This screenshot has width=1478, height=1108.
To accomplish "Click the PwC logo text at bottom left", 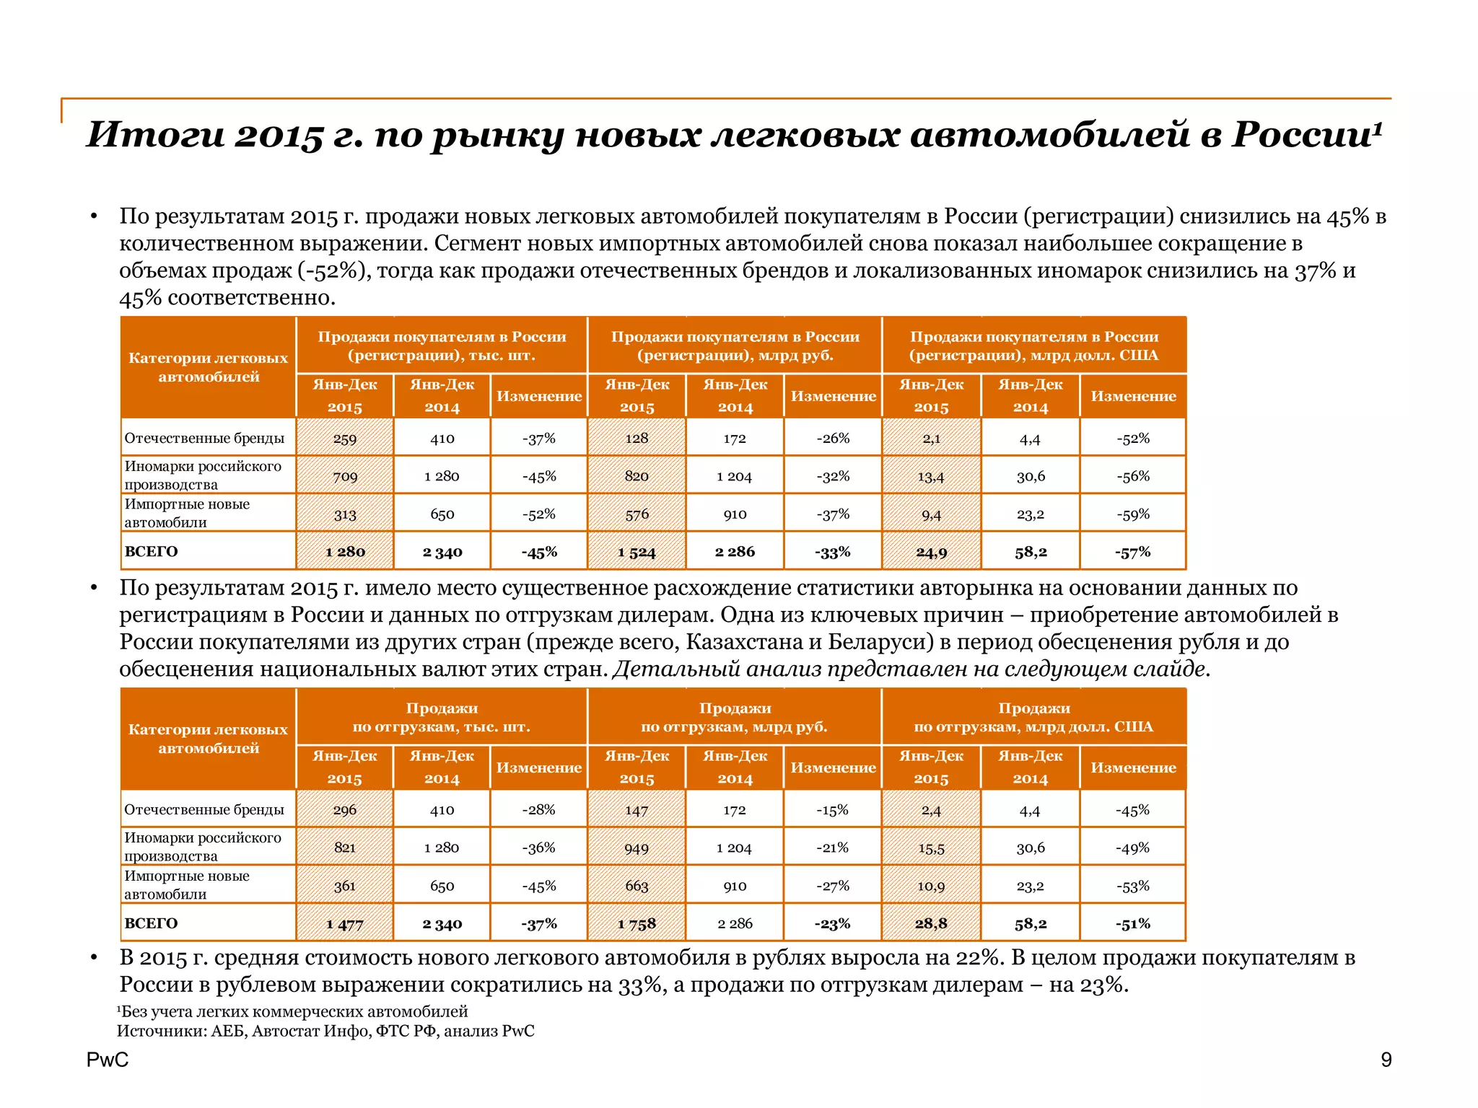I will (108, 1060).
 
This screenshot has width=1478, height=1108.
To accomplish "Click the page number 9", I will (1386, 1060).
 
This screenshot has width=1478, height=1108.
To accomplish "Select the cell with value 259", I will (345, 439).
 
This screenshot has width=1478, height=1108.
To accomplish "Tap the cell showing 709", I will (345, 477).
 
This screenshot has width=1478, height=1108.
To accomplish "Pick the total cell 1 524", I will (637, 553).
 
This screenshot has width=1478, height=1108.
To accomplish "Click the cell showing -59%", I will (1133, 514).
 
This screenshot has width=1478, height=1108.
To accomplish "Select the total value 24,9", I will (931, 553).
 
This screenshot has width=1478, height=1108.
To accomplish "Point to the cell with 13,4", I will (931, 477).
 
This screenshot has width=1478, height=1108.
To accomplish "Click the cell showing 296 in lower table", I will (345, 810).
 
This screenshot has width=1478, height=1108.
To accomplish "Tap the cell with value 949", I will (637, 848).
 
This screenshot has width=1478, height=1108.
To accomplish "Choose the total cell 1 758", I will (637, 924).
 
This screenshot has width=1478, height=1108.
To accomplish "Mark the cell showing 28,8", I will (931, 924).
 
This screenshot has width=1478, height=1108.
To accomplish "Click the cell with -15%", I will (832, 810).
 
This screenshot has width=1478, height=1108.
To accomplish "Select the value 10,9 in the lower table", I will (931, 887).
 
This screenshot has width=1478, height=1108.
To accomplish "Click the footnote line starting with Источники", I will (325, 1031).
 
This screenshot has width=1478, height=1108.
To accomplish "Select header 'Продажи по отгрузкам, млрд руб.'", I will (734, 717).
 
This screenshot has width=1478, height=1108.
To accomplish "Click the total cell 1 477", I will (345, 924).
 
